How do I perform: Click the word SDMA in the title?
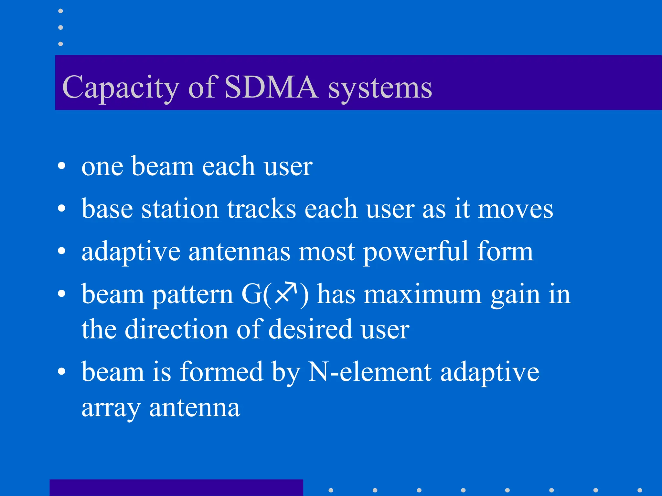(271, 87)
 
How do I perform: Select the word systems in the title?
(380, 88)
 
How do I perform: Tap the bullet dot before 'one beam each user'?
(61, 167)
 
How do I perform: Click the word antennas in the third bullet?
(239, 252)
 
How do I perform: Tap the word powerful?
(416, 252)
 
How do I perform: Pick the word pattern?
(193, 295)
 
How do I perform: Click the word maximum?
(422, 294)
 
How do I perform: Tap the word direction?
(176, 329)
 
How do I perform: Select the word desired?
(310, 329)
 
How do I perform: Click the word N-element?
(369, 372)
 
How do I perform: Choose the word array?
(111, 408)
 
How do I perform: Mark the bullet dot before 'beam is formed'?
(61, 372)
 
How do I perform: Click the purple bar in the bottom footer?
(176, 488)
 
